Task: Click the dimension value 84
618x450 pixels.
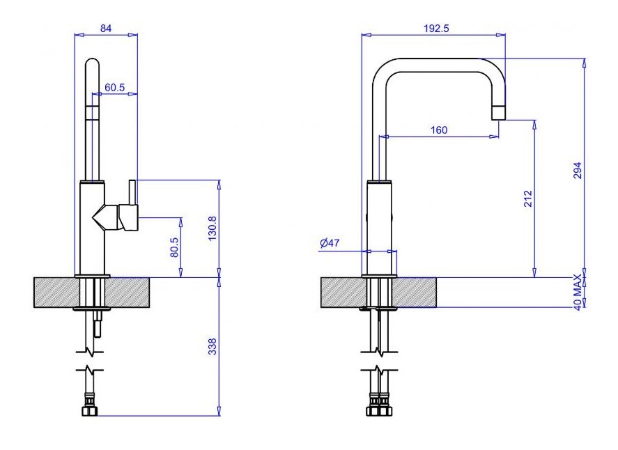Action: point(106,29)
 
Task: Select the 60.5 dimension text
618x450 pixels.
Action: point(114,88)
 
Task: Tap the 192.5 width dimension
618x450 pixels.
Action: point(436,29)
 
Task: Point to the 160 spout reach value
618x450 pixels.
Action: point(439,130)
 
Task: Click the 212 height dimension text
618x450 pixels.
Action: point(527,199)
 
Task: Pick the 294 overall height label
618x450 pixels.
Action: point(577,171)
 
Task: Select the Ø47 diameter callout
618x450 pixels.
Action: point(330,243)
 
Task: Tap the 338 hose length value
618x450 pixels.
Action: point(212,346)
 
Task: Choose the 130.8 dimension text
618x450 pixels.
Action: point(213,228)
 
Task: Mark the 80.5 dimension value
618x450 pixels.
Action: point(174,247)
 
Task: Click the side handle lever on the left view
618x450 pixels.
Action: point(128,216)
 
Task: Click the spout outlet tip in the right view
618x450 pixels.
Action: point(498,112)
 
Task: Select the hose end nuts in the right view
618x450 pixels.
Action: point(379,408)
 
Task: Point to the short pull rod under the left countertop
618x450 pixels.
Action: point(98,325)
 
